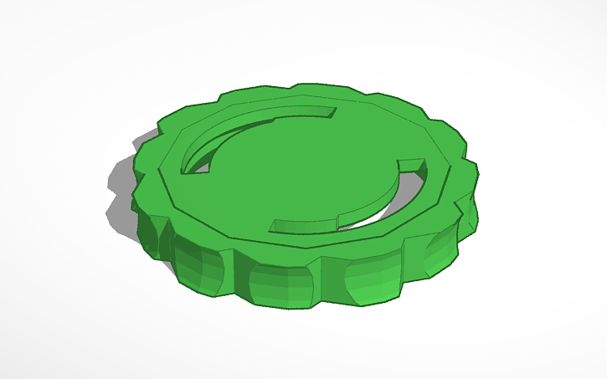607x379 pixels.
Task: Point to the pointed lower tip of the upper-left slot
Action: click(x=187, y=170)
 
